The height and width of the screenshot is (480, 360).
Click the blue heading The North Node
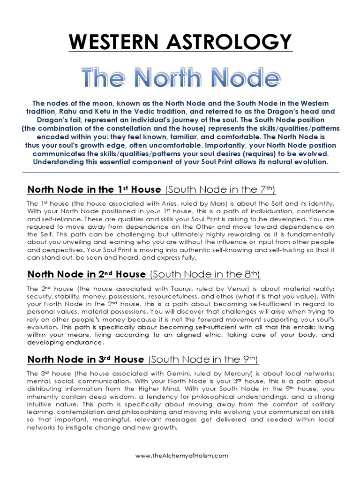coord(180,77)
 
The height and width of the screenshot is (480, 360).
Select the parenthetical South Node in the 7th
coord(221,189)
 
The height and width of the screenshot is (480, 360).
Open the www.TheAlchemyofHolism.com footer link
coord(182,455)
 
